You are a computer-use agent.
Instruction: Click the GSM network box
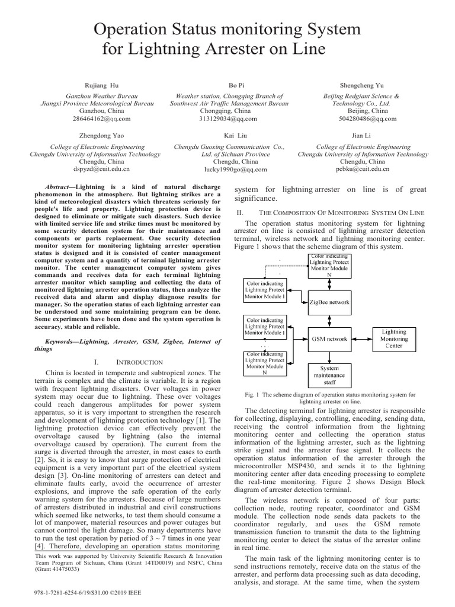tap(329, 339)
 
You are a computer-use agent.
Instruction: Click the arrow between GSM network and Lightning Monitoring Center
tap(362, 339)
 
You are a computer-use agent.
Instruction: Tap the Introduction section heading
tap(139, 362)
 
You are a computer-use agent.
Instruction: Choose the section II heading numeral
tap(239, 212)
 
